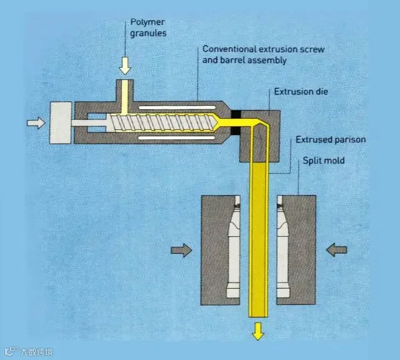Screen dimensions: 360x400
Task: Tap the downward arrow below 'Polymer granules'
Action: pos(126,65)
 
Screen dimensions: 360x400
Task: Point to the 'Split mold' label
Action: pos(324,161)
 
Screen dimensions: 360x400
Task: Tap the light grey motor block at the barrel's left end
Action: pos(62,122)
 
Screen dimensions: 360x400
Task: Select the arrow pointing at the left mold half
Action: pos(181,250)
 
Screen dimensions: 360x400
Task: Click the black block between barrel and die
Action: pos(236,123)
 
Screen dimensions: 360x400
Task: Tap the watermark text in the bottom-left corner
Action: pos(31,352)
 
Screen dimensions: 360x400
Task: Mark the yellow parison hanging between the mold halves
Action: pos(257,250)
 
